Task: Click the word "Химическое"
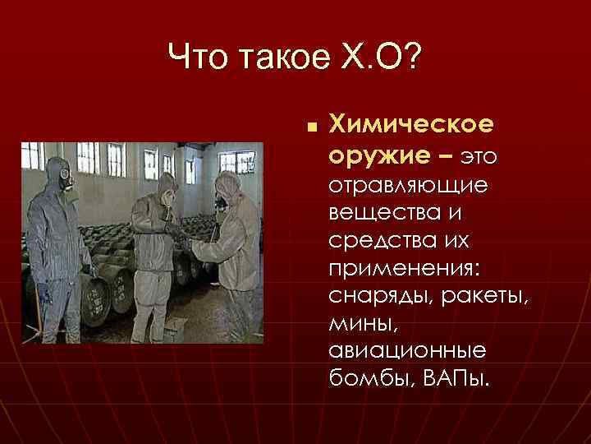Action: tap(410, 124)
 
